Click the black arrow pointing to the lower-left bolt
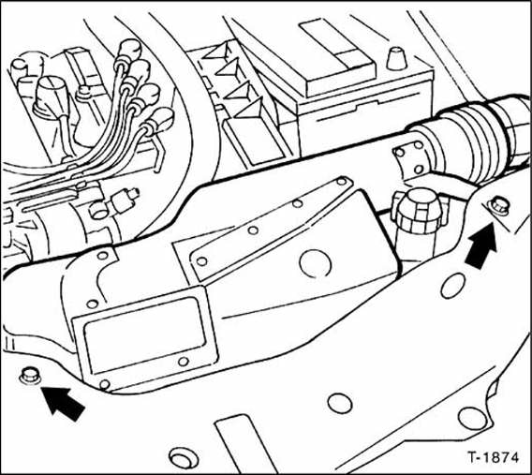(x=63, y=402)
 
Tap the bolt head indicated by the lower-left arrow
(x=28, y=376)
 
